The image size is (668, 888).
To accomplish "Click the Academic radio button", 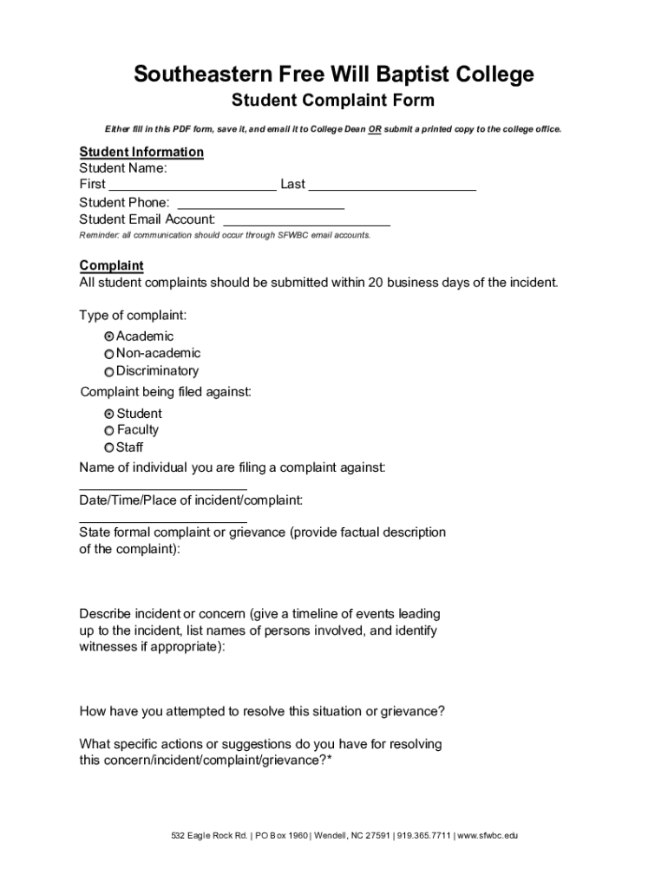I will [108, 336].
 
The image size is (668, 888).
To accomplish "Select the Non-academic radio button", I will [108, 354].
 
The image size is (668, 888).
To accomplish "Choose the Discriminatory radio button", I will [108, 371].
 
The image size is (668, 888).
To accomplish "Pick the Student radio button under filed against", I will [108, 414].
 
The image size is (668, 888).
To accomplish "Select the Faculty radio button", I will [108, 430].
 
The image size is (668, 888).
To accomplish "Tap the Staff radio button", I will [108, 447].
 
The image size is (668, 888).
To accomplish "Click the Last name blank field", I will [392, 184].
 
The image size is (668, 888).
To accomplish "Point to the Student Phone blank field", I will [260, 203].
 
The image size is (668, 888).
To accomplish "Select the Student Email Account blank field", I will [306, 219].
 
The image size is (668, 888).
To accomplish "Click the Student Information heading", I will [141, 152].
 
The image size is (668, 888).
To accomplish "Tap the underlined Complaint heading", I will [111, 265].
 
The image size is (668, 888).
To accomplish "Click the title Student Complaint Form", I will [333, 101].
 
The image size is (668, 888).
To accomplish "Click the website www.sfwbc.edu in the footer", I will [487, 836].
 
